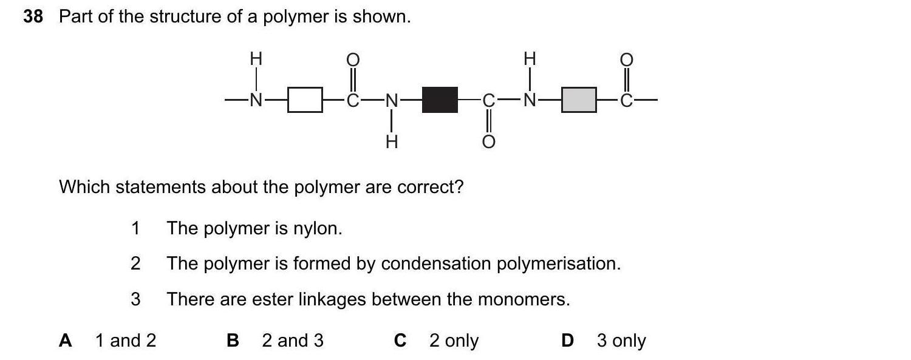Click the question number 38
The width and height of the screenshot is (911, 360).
33,17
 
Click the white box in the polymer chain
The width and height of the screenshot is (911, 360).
304,100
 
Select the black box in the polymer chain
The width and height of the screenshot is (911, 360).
440,100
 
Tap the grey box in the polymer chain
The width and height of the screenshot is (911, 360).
579,100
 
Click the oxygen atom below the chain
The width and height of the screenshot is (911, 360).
489,142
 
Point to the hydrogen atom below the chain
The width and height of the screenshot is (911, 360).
392,142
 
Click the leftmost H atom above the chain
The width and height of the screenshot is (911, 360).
256,59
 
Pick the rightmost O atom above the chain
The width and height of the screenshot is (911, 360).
626,59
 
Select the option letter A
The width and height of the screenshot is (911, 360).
66,341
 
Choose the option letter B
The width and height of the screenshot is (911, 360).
233,341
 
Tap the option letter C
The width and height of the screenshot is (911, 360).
400,341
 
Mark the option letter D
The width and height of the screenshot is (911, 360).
567,341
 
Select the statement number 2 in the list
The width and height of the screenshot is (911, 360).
135,263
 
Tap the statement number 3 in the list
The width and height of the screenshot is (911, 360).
135,299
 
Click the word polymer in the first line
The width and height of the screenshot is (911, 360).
295,17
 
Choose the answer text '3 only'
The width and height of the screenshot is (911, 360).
621,341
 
